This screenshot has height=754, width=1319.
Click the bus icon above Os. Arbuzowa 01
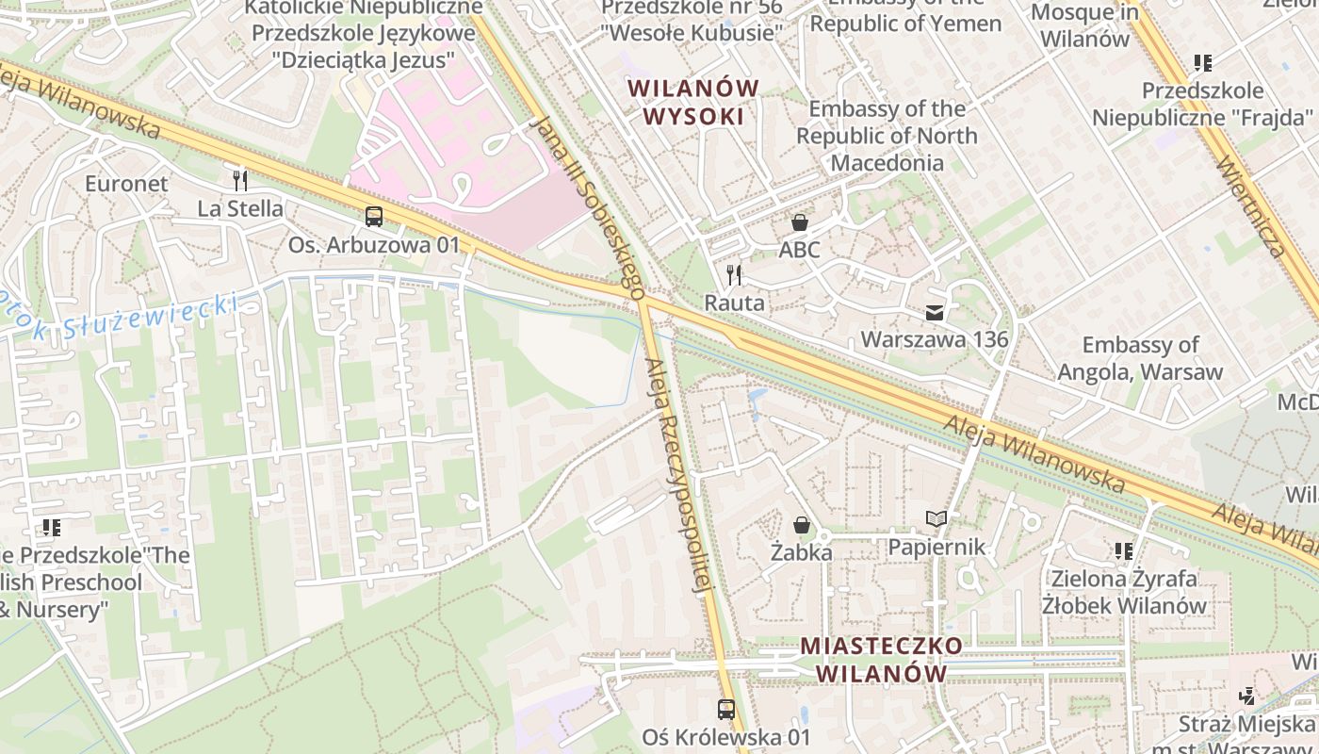tap(374, 217)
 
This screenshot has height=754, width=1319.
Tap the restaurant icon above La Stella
tap(240, 179)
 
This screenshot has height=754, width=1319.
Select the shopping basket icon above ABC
tap(800, 222)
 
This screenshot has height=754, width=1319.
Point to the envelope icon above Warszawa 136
tap(935, 312)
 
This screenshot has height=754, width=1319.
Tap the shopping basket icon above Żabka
tap(802, 524)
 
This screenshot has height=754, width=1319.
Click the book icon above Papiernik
tap(936, 518)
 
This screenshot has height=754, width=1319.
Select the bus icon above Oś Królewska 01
tap(726, 709)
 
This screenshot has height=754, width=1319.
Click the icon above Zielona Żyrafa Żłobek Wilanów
tap(1123, 550)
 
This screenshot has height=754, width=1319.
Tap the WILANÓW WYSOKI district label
tap(693, 102)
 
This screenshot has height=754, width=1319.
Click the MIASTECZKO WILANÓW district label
tap(882, 660)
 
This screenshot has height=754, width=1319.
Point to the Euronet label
tap(126, 184)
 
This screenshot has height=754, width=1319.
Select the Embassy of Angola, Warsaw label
tap(1140, 358)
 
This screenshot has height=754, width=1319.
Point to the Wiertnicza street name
tap(1251, 207)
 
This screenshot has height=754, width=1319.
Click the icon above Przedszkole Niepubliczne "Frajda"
tap(1202, 63)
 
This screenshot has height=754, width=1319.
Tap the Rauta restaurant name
tap(735, 303)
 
